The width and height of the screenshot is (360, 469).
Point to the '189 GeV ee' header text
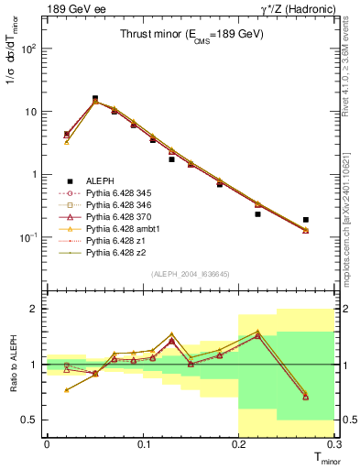click(x=69, y=8)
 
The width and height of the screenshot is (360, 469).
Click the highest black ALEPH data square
click(x=95, y=98)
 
